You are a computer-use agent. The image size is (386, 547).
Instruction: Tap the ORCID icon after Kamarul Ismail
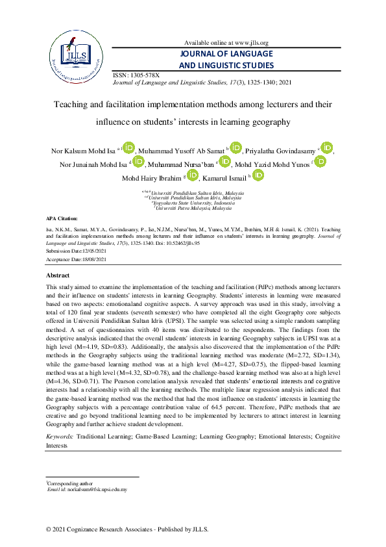258,175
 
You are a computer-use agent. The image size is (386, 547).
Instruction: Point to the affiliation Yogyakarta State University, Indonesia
193,203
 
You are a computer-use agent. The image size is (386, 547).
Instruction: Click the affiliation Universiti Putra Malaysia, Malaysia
193,208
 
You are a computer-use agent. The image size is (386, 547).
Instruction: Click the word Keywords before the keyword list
59,438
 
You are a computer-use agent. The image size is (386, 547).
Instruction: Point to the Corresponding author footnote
69,483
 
